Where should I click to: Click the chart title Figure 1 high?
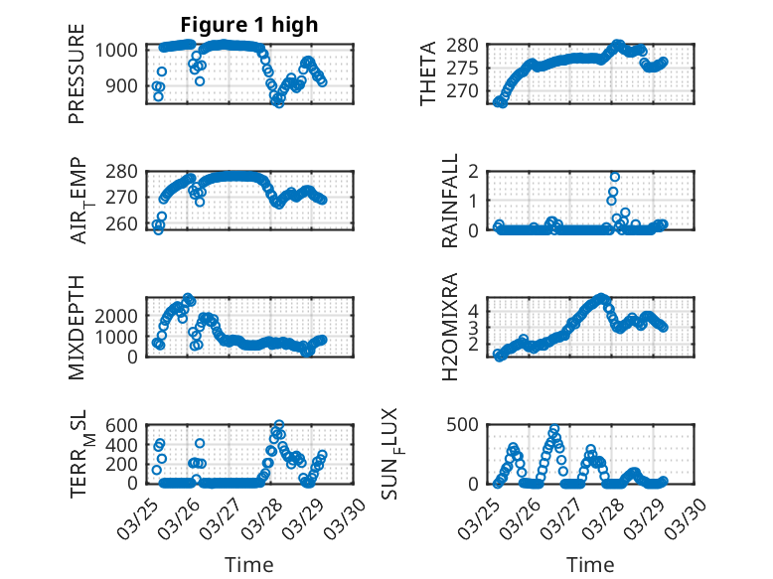[248, 25]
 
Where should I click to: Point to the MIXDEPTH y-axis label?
[77, 326]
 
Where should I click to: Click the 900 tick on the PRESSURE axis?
[123, 85]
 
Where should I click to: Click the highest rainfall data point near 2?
[615, 177]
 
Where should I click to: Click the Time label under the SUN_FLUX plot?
[590, 564]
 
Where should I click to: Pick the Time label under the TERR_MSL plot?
[248, 564]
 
